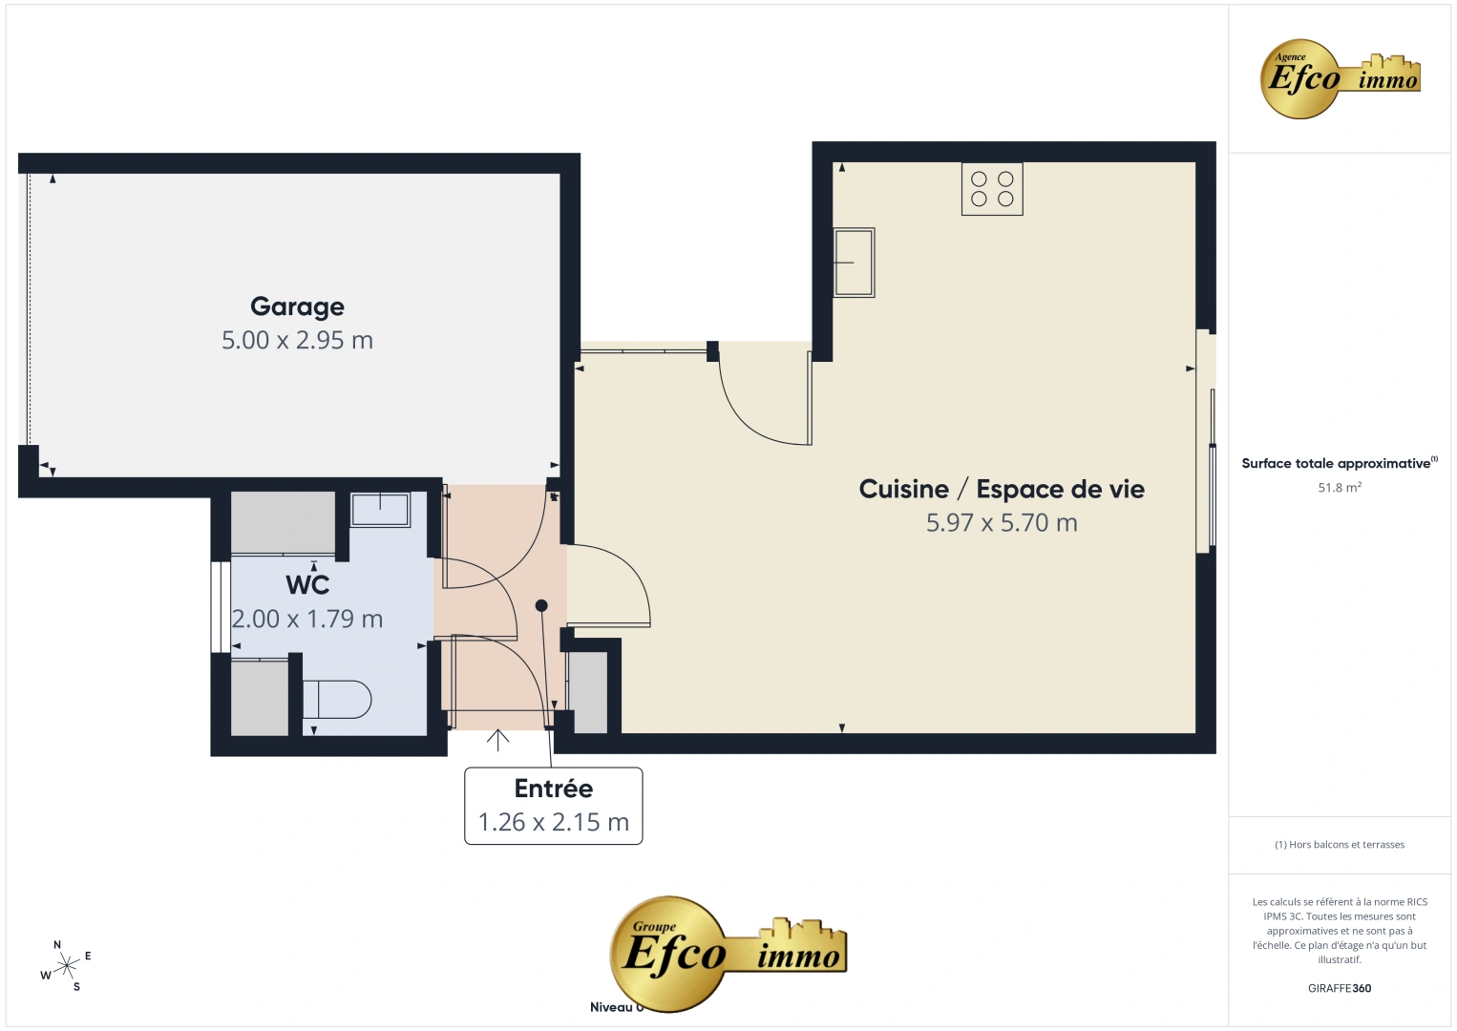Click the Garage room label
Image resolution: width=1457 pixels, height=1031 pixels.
coord(297,306)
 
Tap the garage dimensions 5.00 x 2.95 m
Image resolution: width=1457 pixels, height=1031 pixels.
coord(297,340)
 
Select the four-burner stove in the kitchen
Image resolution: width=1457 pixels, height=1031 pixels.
coord(992,189)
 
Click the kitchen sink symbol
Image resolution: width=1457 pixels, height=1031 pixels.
coord(854,263)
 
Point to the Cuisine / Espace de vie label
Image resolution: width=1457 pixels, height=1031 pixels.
coord(1002,489)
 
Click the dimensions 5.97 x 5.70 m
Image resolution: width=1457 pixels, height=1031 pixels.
coord(1002,523)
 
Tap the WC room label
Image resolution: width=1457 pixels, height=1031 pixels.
coord(307,585)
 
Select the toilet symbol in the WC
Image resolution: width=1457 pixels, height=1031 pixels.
coord(337,699)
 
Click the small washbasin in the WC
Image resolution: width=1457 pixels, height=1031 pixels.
coord(381,510)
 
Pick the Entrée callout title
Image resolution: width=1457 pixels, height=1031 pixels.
coord(554,789)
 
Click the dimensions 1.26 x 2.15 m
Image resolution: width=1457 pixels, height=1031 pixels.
coord(554,822)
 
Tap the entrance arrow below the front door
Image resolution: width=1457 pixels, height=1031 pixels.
coord(497,740)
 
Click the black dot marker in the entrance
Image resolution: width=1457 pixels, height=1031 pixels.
coord(541,605)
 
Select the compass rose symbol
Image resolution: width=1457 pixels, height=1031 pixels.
coord(66,966)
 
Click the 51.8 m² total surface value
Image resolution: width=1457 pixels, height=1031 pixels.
coord(1340,487)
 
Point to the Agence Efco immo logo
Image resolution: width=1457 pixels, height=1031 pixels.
coord(1340,78)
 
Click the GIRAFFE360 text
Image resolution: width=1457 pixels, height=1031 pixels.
coord(1340,988)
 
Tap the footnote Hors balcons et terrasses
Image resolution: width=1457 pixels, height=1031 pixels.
coord(1340,844)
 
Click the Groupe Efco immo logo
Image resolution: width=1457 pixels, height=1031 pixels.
coord(728,954)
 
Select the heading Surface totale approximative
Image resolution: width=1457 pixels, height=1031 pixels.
coord(1337,463)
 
